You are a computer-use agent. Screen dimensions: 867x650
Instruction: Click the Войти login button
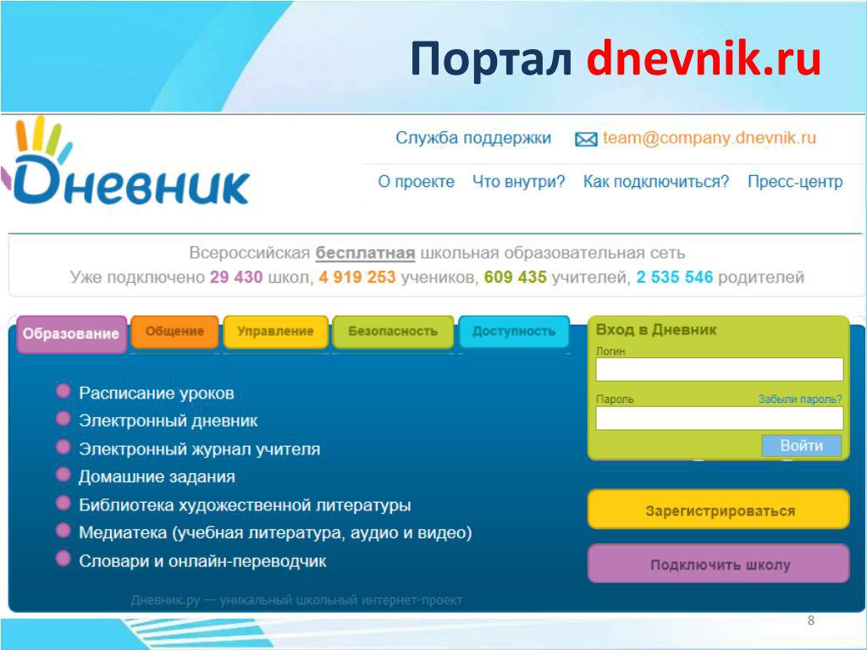pos(801,445)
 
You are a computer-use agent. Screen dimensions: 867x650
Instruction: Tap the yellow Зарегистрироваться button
pos(718,510)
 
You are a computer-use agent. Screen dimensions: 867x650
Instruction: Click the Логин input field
pos(720,369)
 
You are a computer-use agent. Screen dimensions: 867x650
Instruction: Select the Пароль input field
pos(720,418)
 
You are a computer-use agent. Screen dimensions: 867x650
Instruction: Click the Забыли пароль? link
pos(800,399)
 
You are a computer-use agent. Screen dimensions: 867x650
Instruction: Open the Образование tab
pos(71,333)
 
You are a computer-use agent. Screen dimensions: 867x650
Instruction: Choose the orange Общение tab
pos(174,332)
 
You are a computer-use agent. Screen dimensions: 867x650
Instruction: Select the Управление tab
pos(275,332)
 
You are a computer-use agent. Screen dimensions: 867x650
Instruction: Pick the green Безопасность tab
pos(393,332)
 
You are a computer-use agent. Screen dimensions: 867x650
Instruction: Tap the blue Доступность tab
pos(514,332)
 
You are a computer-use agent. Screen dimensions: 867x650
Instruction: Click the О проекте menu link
pos(416,182)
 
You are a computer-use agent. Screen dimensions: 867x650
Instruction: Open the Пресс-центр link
pos(795,182)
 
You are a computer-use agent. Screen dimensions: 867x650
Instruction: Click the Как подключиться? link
pos(656,182)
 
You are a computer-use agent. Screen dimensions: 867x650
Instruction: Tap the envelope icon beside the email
pos(586,140)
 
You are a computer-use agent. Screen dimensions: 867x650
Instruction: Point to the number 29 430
pos(236,277)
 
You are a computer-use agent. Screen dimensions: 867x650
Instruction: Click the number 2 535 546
pos(675,277)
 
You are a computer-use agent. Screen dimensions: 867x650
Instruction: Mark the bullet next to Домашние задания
pos(64,474)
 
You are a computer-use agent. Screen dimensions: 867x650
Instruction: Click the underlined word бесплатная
pos(366,253)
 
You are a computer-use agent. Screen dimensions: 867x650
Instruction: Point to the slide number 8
pos(810,620)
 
